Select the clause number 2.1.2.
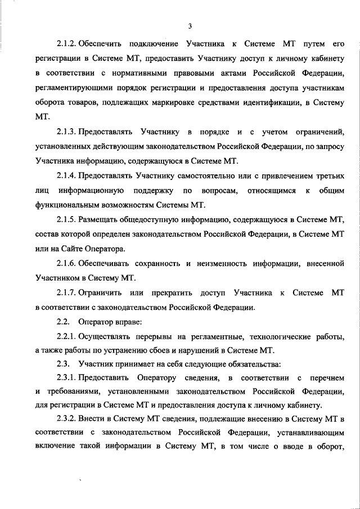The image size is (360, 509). pyautogui.click(x=66, y=43)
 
